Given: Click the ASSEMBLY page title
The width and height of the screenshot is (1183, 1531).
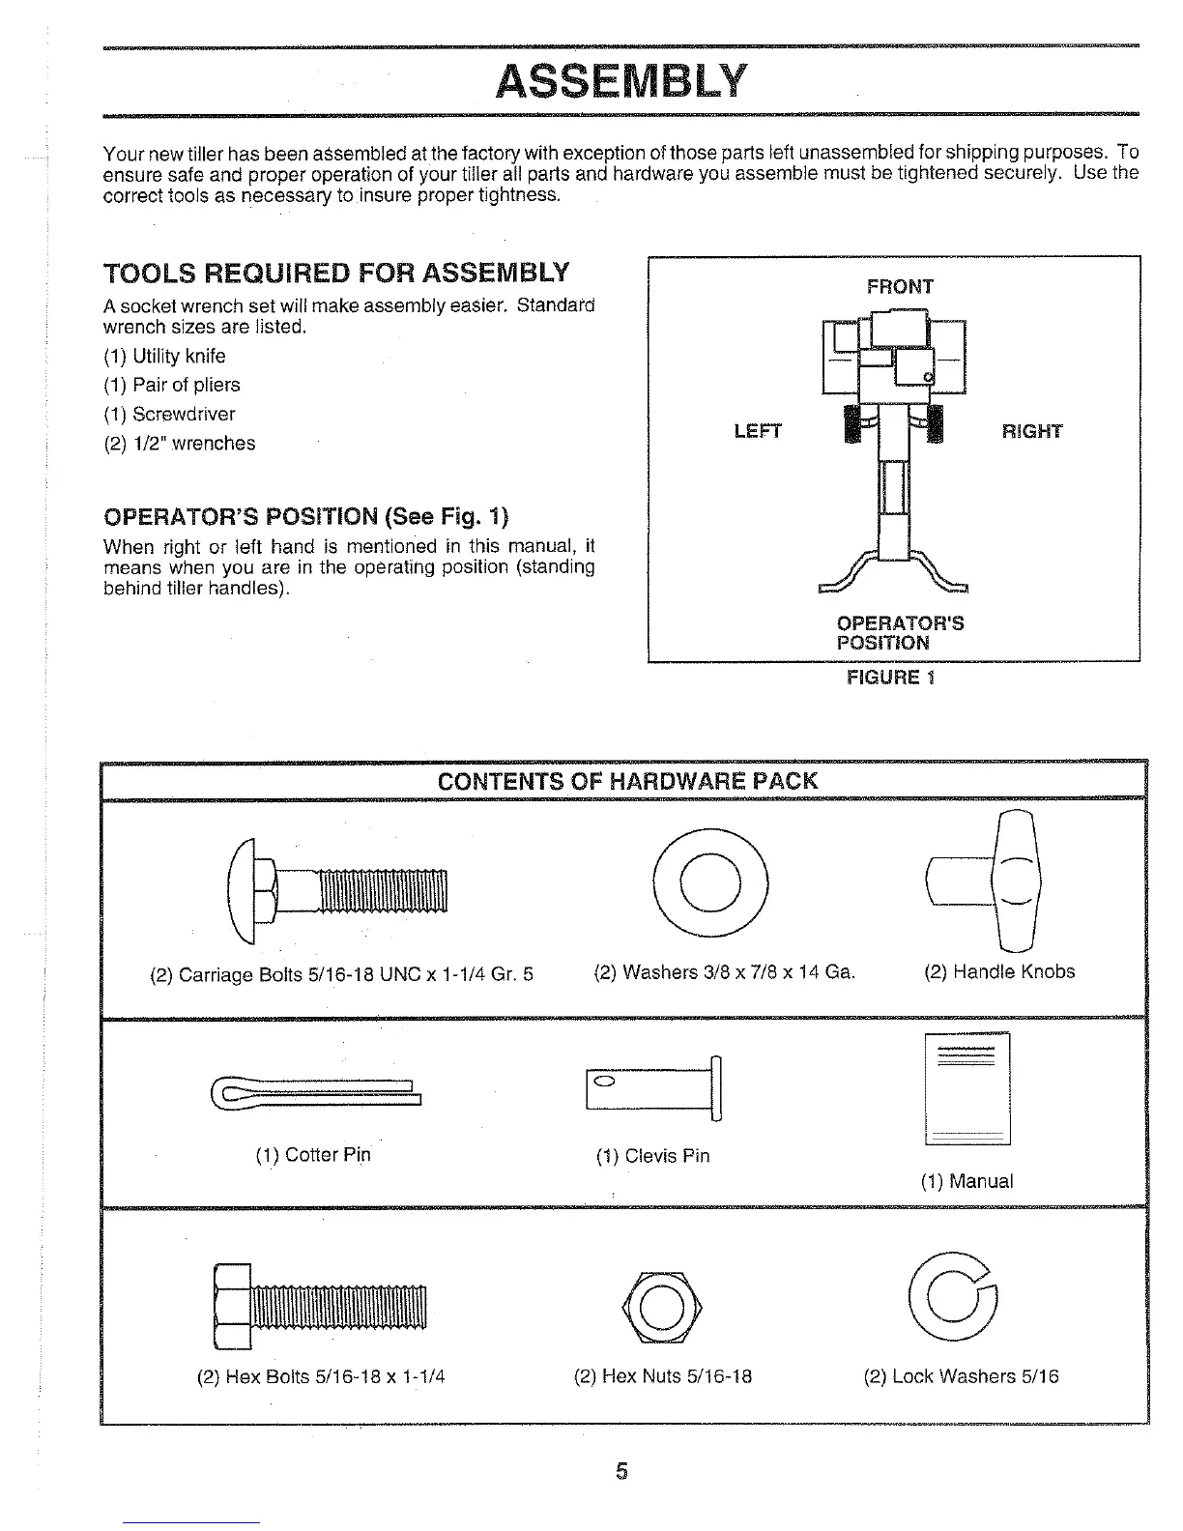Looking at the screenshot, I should pos(620,81).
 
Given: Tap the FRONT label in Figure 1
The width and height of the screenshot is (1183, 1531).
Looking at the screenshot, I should pos(900,287).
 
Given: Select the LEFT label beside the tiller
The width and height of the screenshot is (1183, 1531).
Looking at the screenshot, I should pos(758,431).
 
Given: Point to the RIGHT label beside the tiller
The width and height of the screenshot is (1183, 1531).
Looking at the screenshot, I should pos(1032,431).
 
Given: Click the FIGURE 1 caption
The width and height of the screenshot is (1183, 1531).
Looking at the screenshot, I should pos(890,677).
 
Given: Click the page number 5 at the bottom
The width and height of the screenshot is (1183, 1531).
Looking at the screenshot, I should pos(622,1471).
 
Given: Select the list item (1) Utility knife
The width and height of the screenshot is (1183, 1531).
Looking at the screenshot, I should pos(164,356).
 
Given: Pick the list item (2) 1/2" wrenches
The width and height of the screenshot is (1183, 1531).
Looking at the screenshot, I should pos(180,444).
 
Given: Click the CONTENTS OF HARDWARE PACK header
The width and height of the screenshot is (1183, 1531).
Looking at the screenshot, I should pos(627,781).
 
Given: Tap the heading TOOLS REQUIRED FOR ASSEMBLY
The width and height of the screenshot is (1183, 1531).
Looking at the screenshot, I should pos(335,273).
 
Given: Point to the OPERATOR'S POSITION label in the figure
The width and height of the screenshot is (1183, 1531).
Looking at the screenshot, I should pos(899,633).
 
